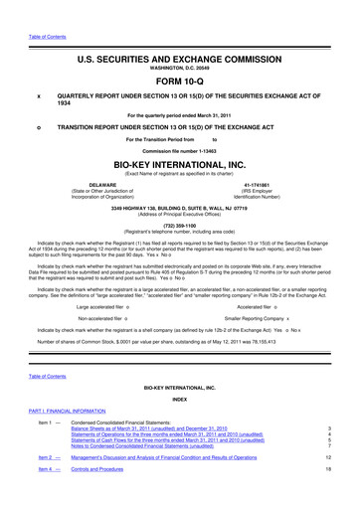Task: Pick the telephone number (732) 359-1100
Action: pyautogui.click(x=180, y=224)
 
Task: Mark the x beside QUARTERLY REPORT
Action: pyautogui.click(x=38, y=96)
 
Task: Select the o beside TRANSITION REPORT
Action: pyautogui.click(x=38, y=127)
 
